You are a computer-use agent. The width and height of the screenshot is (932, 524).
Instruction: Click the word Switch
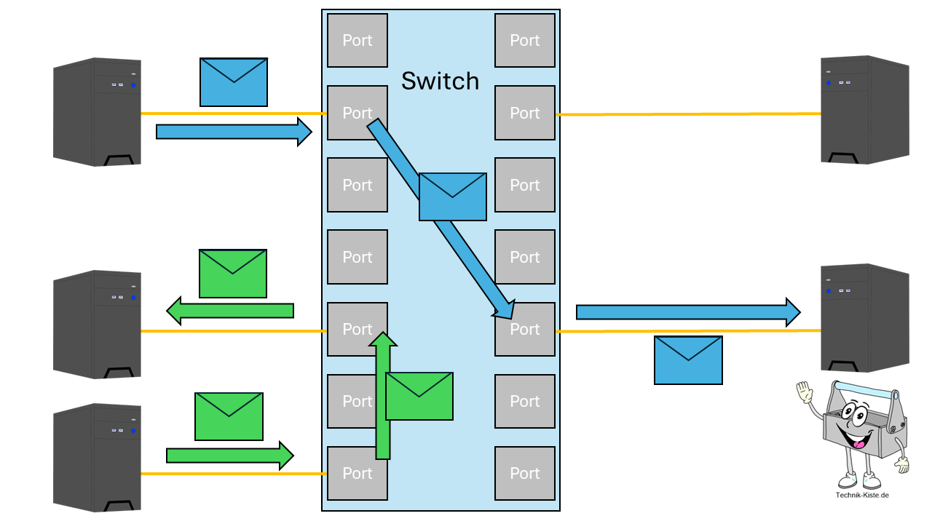coord(440,81)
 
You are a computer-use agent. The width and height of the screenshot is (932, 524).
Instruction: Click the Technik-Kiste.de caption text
coord(862,496)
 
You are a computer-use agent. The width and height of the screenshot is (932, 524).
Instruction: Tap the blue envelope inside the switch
coord(452,196)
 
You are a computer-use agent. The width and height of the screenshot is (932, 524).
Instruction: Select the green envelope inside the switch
coord(419,396)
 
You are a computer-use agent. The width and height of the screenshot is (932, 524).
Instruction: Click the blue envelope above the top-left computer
coord(233,82)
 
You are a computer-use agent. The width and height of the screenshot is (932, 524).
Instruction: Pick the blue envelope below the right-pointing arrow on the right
coord(688,360)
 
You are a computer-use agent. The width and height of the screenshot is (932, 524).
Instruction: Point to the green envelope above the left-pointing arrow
coord(232,274)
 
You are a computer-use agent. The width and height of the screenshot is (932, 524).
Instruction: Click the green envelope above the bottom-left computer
coord(229,416)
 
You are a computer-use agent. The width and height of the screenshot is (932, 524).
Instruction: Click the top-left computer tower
coord(97,112)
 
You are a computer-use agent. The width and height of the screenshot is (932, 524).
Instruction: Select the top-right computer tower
coord(865,110)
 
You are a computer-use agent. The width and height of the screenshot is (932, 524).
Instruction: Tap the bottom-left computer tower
coord(97,458)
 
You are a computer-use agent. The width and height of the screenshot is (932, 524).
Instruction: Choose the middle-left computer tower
coord(97,325)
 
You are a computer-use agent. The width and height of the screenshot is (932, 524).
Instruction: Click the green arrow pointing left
coord(230,311)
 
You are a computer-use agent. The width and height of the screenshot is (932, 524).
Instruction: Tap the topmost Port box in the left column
coord(357,41)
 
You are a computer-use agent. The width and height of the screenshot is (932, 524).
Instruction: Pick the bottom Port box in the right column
coord(524,473)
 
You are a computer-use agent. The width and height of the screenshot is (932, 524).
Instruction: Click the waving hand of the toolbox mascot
coord(804,392)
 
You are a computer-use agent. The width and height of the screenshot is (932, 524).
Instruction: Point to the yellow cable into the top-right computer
coord(688,114)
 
